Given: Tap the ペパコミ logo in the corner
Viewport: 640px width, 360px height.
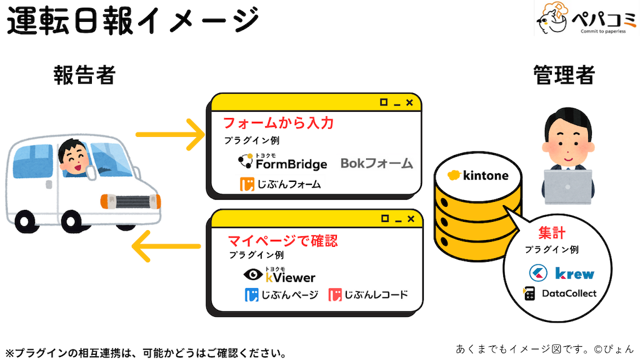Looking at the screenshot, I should tap(585, 20).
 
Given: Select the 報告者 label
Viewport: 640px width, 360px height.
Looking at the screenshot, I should tap(84, 76).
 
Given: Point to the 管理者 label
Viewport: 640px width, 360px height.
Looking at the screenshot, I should tap(564, 76).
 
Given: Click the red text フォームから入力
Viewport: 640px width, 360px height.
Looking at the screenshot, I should tap(278, 122).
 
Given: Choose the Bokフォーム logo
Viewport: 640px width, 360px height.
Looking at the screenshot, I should tap(377, 164).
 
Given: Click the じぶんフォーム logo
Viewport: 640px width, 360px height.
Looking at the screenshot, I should tap(281, 184).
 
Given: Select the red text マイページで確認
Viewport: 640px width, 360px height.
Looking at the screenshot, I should tap(282, 240).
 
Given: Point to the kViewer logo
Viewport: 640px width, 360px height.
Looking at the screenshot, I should tap(279, 275).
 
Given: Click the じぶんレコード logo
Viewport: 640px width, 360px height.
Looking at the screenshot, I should tap(368, 295).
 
